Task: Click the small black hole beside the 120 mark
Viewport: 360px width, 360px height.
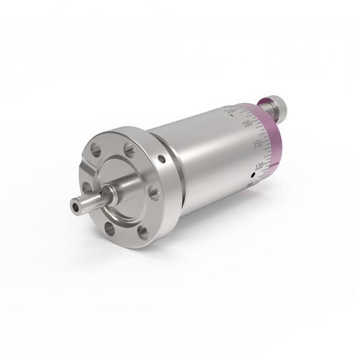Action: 252,173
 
